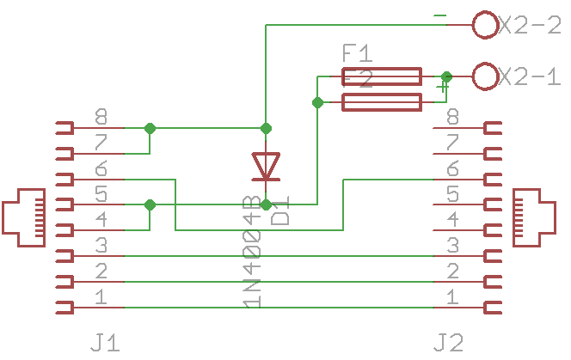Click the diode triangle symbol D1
click(266, 166)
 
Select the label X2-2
click(530, 25)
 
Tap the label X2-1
click(530, 76)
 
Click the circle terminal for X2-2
click(486, 25)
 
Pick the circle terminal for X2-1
click(486, 76)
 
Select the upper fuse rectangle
click(382, 76)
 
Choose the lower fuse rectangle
click(382, 103)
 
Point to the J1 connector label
click(105, 344)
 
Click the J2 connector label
click(449, 344)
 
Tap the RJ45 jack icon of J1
click(25, 211)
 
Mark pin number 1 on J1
click(101, 297)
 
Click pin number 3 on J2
click(452, 246)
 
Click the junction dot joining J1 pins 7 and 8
click(150, 128)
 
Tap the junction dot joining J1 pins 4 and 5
click(150, 204)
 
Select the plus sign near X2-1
click(443, 87)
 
